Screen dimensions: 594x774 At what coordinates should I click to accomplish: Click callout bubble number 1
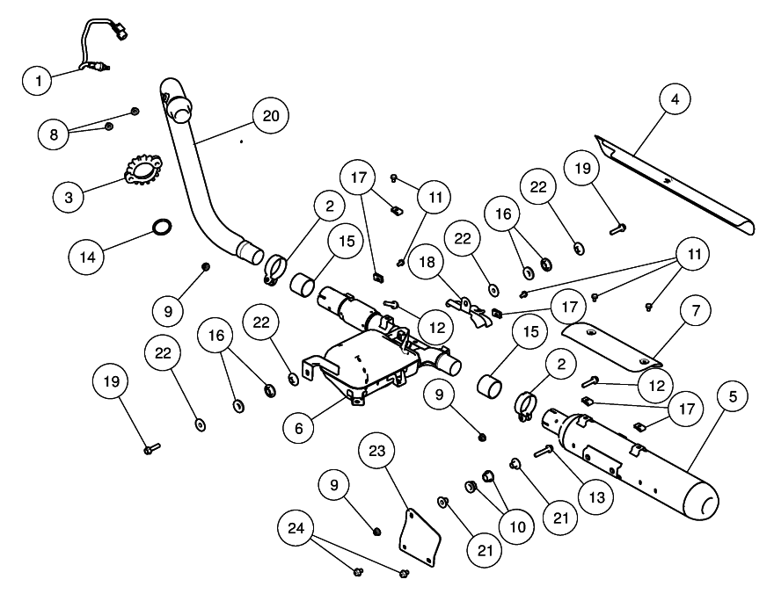coord(38,81)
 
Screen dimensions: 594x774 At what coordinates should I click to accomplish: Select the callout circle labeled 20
coord(271,115)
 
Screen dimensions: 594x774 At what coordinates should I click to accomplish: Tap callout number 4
coord(675,99)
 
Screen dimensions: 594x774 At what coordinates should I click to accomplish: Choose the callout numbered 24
coord(296,528)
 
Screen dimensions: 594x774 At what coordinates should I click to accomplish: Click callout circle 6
coord(300,427)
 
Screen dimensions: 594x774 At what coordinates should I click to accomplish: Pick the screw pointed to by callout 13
coord(542,450)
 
